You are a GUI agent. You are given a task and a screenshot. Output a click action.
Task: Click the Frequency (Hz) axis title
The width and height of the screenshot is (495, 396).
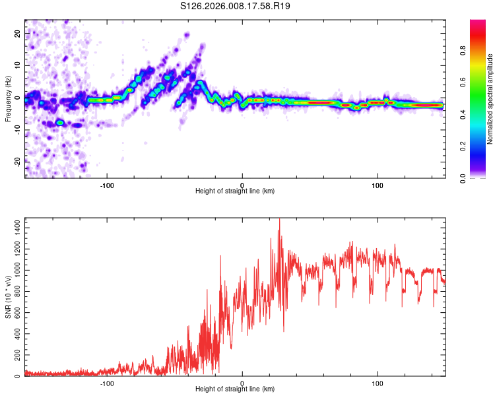click(x=8, y=98)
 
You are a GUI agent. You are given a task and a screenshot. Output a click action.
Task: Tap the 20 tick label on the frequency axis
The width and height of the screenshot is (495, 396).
click(x=18, y=35)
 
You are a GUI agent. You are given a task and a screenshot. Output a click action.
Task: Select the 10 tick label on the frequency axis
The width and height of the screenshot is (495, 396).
click(x=18, y=66)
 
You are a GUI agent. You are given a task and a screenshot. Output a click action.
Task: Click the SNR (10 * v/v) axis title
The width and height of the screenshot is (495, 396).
click(x=8, y=296)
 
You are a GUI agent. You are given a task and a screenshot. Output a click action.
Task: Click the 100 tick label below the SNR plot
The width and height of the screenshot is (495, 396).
click(x=378, y=383)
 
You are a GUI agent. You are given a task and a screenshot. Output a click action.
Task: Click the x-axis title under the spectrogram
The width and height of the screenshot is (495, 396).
click(x=235, y=191)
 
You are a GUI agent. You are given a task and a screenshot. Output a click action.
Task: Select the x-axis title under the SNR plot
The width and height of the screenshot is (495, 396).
click(x=235, y=389)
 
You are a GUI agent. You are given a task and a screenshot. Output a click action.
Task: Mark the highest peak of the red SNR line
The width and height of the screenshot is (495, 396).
click(x=279, y=219)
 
